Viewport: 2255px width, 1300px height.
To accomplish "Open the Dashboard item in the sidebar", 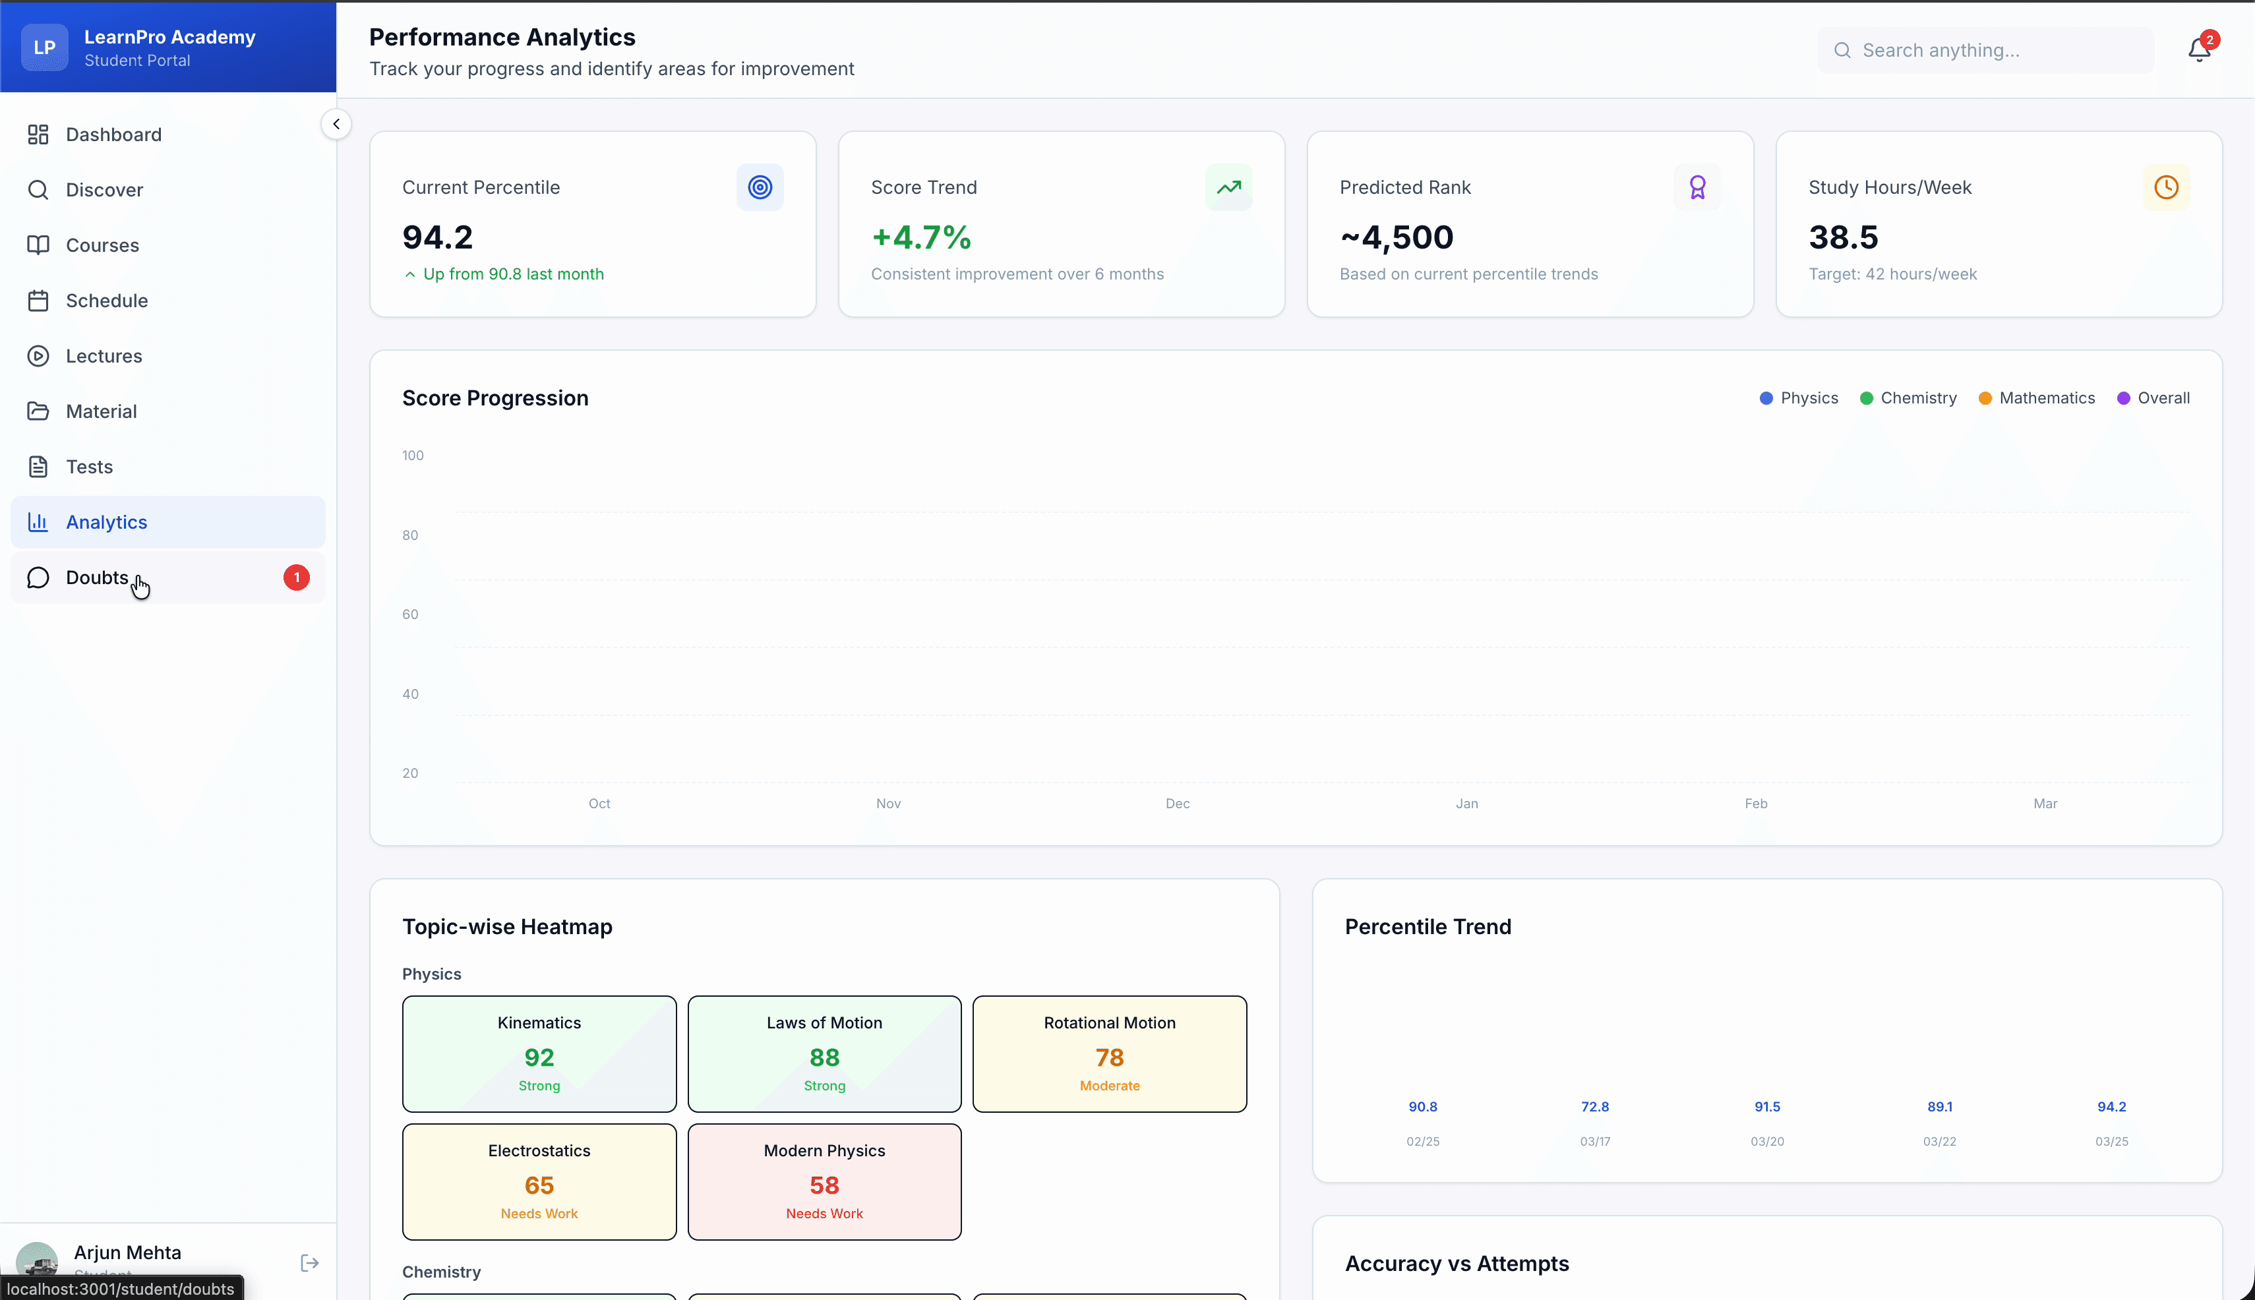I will pos(113,135).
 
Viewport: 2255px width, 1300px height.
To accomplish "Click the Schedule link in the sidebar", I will pos(106,301).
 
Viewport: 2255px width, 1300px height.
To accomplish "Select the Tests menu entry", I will pos(89,467).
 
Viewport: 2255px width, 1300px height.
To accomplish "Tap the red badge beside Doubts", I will pos(297,577).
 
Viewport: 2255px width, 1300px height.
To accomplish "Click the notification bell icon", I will pos(2199,50).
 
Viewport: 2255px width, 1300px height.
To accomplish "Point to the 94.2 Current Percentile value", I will pos(438,237).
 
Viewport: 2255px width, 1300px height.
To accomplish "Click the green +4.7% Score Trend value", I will pos(920,237).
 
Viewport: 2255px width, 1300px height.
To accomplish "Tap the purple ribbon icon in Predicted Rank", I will pos(1697,187).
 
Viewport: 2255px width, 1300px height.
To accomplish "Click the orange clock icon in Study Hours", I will pos(2166,187).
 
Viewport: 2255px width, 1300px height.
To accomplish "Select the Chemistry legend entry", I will pos(1908,398).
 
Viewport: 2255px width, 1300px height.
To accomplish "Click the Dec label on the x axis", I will pos(1177,804).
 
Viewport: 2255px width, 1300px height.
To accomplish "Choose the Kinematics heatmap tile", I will pos(539,1053).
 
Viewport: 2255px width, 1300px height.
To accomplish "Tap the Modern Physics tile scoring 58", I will pos(824,1181).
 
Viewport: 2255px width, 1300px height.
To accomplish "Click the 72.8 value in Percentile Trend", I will pos(1595,1107).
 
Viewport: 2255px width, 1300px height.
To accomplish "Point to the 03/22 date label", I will pos(1939,1142).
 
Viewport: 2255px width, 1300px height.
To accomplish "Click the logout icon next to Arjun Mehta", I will pos(309,1262).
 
